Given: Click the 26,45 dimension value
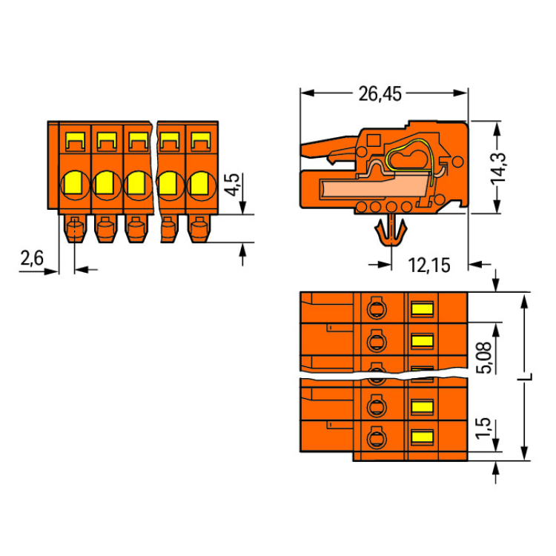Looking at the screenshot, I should [x=379, y=94].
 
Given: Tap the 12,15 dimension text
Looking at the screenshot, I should [x=429, y=265].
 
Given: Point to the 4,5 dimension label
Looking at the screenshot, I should [x=232, y=183].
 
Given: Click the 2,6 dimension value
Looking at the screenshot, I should [x=32, y=259].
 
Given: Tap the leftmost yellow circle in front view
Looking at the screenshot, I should [x=74, y=182].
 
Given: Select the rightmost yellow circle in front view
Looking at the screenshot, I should [x=199, y=182].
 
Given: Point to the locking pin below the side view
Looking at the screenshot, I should [x=391, y=232].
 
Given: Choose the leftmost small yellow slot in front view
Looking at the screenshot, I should [x=74, y=139].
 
